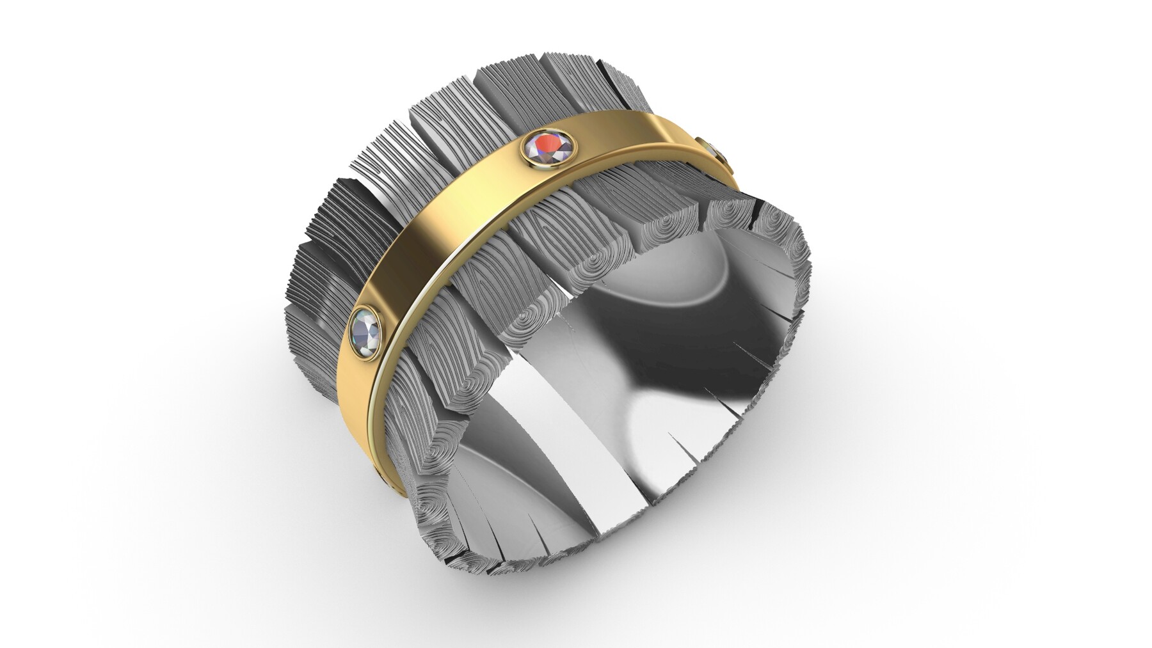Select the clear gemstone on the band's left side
367,331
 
